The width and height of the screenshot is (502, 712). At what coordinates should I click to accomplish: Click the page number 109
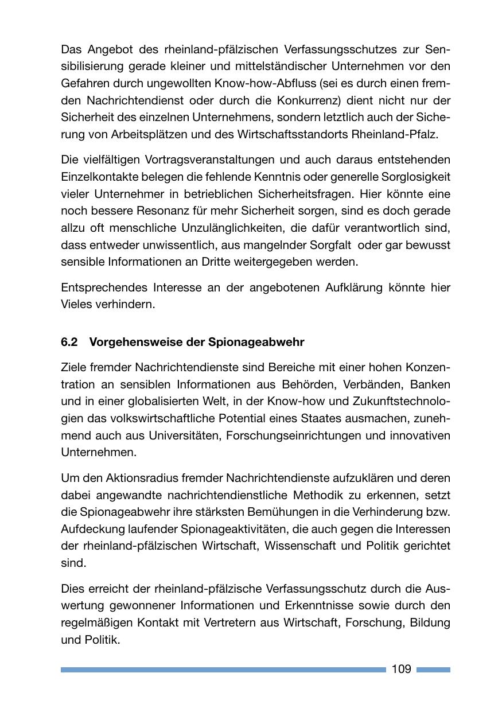[x=402, y=669]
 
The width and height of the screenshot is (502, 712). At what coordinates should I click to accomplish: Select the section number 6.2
[x=69, y=343]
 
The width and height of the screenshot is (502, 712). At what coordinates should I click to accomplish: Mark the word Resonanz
[x=158, y=211]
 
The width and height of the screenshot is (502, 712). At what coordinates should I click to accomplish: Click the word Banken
[x=431, y=384]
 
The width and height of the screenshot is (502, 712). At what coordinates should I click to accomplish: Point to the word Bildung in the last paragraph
[x=430, y=622]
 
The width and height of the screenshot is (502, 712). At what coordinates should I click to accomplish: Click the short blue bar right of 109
[x=433, y=670]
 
